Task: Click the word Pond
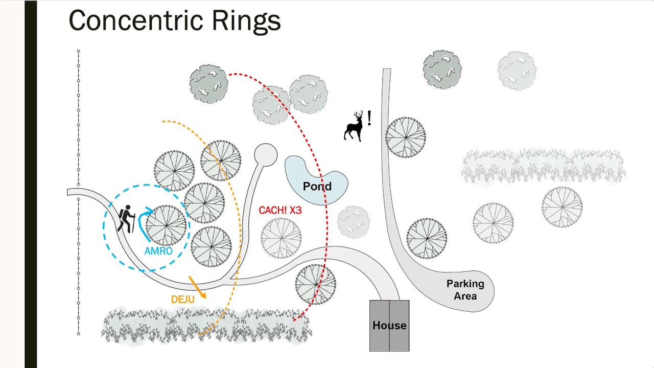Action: click(x=317, y=187)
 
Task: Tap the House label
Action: click(x=389, y=326)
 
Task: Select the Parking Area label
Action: click(x=465, y=290)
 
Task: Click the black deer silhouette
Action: click(x=354, y=126)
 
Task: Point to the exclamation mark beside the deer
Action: click(x=369, y=118)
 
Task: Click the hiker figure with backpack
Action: click(x=127, y=219)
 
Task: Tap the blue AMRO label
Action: click(x=158, y=251)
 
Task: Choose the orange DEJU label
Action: click(x=183, y=300)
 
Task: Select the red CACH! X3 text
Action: click(x=280, y=210)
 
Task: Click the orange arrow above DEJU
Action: click(x=198, y=287)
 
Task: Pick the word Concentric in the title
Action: click(x=136, y=20)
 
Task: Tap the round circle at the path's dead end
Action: click(x=266, y=155)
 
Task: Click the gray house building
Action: click(x=389, y=326)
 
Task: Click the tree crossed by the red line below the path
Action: click(x=316, y=285)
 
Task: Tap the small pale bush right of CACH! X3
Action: click(x=354, y=222)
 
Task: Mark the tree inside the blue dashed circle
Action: click(x=166, y=225)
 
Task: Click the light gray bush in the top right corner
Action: click(x=517, y=71)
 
